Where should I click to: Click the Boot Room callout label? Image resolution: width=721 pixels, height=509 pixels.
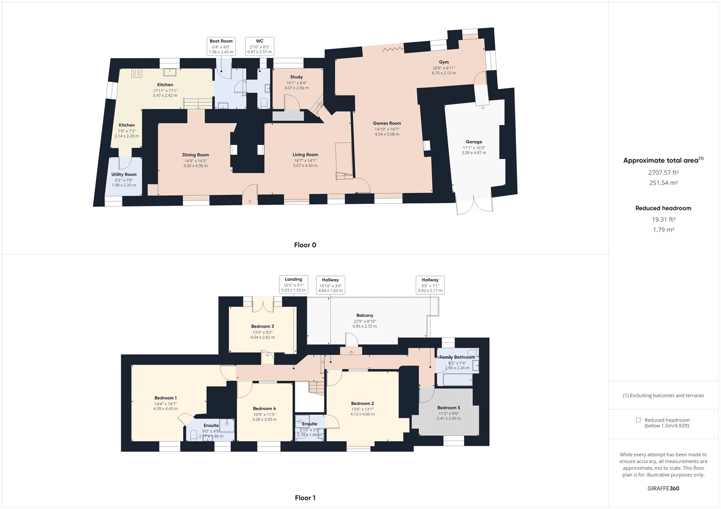point(221,46)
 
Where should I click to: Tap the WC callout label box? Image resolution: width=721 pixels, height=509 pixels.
point(260,46)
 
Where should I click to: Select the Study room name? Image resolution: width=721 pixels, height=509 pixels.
point(297,77)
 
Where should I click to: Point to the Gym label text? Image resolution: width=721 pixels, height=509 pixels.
point(444,62)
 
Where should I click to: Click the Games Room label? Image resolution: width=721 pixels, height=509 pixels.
point(387,123)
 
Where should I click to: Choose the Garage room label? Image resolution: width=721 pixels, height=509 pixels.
point(474,142)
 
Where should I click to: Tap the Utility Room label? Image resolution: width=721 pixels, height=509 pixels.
point(124,175)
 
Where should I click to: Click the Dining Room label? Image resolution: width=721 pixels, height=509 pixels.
point(196,155)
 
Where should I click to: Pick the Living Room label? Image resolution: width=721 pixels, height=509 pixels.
point(305,155)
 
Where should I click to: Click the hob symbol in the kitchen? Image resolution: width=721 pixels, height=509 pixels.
point(137,73)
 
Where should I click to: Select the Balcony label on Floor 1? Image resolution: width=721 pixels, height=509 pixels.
point(365,315)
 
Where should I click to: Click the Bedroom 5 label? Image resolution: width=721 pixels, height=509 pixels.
point(448,408)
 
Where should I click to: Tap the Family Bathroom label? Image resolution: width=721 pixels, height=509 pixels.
point(457,357)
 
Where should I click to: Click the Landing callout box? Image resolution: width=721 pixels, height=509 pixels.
point(293,284)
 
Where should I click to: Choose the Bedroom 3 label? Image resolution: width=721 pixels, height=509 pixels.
point(262,326)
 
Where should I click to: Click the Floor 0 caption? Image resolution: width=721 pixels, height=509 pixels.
point(305,245)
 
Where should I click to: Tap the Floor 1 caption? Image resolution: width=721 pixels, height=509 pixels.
point(305,498)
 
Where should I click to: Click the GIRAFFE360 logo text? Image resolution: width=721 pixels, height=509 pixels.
point(663,488)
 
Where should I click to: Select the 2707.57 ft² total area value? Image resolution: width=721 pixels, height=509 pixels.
point(663,172)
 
